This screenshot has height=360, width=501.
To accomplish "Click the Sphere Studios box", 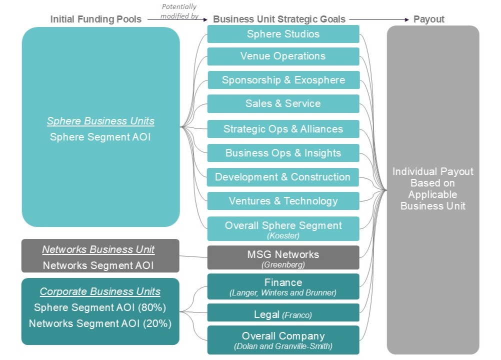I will coord(283,34).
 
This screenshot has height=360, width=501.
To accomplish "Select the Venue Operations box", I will coord(283,56).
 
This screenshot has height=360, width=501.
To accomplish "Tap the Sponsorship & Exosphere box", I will coord(283,80).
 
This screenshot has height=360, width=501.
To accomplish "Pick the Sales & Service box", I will coord(283,103).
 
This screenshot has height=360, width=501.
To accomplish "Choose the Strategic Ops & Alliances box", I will coord(283,129).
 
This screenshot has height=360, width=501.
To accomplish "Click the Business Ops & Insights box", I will coord(283,153).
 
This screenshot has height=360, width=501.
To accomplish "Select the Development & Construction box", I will coord(283,177).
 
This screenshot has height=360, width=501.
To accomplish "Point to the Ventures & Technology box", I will coord(283,201).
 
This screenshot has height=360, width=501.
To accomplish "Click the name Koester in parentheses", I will coord(283,235).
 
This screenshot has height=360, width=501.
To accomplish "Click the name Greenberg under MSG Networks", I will coord(283,264).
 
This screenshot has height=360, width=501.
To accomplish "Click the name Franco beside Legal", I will coord(297,315).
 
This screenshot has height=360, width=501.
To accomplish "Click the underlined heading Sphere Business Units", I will coord(100,121).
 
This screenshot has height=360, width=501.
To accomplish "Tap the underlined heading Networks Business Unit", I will coord(98,249).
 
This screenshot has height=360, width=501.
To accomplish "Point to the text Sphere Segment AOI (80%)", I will coord(100,307).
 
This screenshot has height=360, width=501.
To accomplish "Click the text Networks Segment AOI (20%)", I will coord(100,323).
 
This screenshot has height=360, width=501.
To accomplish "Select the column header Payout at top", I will coord(429,19).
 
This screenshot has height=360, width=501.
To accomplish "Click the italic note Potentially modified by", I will coord(179,11).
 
